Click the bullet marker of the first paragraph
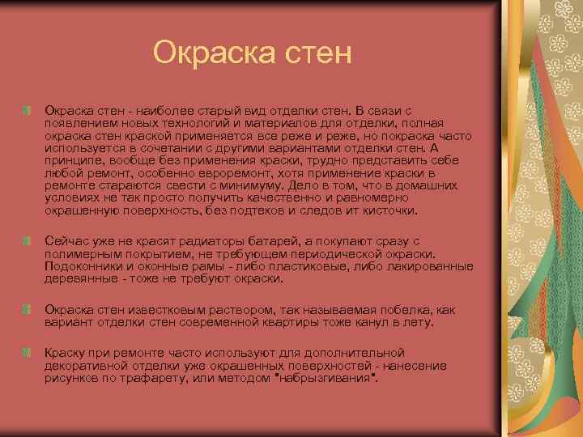(x=28, y=109)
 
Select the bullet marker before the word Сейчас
(x=28, y=242)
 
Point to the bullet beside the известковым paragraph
(x=28, y=309)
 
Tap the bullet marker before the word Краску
(x=28, y=354)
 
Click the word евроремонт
(x=254, y=173)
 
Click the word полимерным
(x=83, y=254)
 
